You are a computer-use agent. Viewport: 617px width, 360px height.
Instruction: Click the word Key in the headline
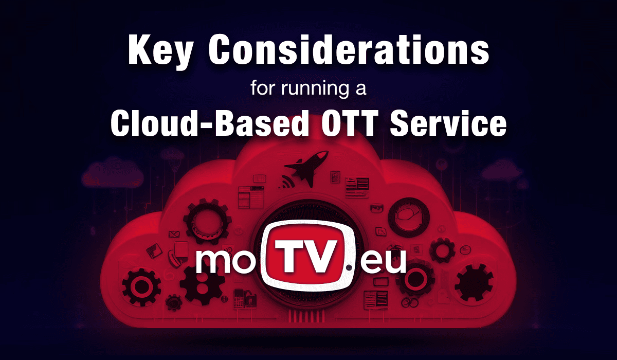tap(160, 51)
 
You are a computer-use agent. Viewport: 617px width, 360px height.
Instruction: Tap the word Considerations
tap(349, 49)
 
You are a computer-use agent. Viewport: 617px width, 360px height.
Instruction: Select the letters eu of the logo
tap(383, 261)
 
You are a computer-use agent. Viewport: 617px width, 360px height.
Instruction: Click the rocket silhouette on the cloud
tap(306, 168)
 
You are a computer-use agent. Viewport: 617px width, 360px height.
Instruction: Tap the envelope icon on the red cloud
tap(174, 235)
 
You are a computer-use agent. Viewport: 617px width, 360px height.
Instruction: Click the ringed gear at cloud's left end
tap(141, 287)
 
